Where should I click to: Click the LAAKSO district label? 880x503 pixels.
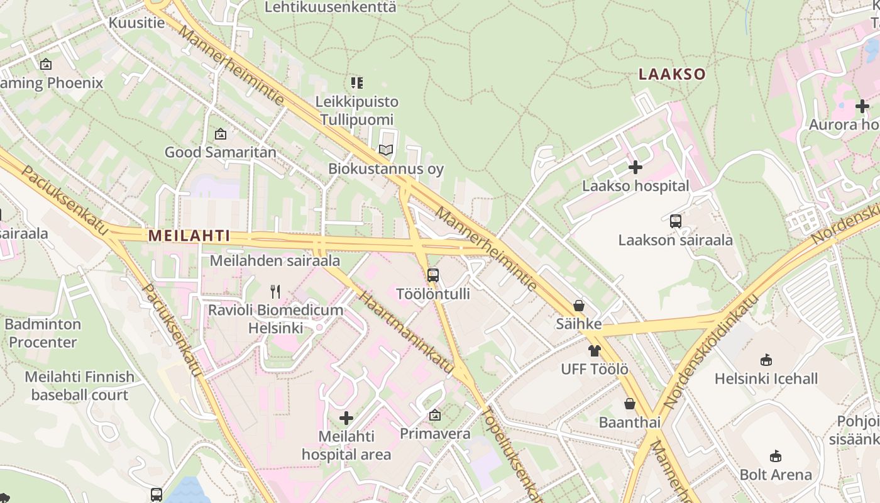672,74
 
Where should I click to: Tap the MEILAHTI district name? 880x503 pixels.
189,236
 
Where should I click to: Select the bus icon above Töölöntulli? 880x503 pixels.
433,275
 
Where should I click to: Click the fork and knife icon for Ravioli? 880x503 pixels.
275,291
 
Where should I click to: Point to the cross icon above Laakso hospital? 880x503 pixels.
635,167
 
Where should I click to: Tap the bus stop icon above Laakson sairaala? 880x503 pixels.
676,221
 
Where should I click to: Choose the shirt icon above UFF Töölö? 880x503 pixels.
595,350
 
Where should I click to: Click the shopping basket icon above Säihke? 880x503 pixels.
578,306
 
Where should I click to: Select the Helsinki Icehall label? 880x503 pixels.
766,379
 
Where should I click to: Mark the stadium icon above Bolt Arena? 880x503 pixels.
776,456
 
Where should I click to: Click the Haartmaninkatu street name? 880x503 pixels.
405,330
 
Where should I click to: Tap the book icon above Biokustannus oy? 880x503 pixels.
385,150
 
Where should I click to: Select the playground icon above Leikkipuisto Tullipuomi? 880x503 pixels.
357,83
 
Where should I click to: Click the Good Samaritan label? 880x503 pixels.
220,152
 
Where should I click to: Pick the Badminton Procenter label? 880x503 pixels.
43,333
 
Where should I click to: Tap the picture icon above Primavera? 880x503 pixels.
435,416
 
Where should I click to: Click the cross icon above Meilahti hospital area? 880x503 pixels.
346,418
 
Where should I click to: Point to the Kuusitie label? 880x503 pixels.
136,23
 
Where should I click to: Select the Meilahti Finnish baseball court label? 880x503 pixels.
79,385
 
